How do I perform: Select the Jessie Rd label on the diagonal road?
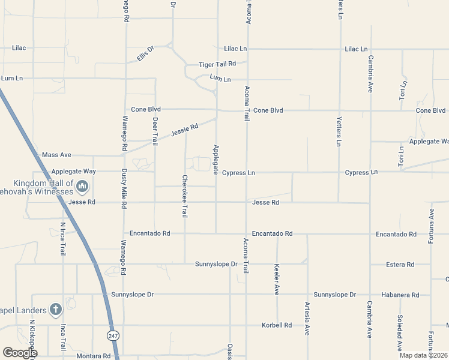pos(184,130)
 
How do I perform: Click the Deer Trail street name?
pos(155,131)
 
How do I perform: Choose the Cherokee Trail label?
pos(185,196)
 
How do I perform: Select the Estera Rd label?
pos(400,264)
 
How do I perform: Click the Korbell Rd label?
pos(277,325)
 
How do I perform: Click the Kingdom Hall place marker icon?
pos(83,187)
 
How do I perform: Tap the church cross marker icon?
pos(55,310)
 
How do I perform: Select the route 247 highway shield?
pos(113,335)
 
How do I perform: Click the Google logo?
pos(20,353)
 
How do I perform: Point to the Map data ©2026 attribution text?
pos(424,355)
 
